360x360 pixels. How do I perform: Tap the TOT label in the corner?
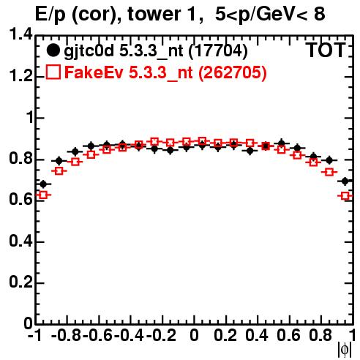[326, 50]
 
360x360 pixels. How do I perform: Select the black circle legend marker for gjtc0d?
[53, 50]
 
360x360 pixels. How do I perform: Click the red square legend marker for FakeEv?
[53, 72]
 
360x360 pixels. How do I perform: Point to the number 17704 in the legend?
[218, 50]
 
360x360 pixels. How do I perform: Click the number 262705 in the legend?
[233, 72]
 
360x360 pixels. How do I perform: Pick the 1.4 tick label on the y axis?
[20, 34]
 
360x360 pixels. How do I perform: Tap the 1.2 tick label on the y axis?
[20, 76]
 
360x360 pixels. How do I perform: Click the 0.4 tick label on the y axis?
[20, 241]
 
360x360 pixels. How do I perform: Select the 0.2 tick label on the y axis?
[20, 282]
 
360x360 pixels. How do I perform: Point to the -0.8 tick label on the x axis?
[66, 336]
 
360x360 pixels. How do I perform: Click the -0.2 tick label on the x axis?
[161, 336]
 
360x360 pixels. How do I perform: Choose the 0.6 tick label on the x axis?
[288, 336]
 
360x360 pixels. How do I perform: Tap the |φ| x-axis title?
[345, 350]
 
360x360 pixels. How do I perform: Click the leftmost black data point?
[43, 184]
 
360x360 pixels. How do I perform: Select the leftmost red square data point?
[43, 195]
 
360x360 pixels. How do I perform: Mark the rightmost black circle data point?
[345, 181]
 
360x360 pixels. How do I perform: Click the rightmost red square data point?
[345, 196]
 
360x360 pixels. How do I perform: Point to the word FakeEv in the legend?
[94, 72]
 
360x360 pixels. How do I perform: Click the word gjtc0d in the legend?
[89, 52]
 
